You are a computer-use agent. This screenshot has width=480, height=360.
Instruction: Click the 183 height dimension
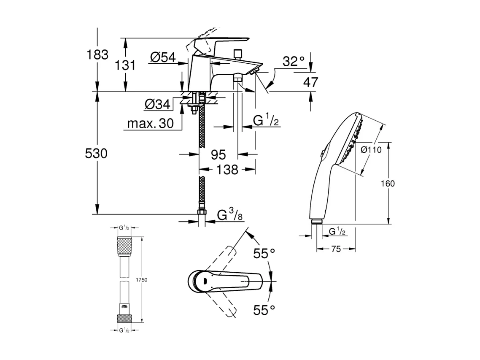click(97, 54)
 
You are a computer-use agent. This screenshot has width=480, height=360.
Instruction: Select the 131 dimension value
click(126, 65)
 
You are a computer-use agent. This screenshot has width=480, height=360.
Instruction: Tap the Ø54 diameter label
click(162, 58)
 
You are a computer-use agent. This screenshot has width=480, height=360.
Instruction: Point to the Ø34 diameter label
click(157, 104)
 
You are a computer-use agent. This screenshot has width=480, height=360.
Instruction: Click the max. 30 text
click(151, 124)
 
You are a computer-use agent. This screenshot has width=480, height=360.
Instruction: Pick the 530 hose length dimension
click(96, 154)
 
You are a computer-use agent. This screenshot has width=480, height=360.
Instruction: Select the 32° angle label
click(294, 62)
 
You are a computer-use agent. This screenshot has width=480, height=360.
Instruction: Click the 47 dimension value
click(311, 82)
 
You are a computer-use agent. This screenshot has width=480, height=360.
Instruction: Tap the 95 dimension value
click(218, 155)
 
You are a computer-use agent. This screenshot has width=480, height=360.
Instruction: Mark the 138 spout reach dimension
click(227, 170)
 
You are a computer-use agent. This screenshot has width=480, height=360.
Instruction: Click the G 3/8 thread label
click(230, 216)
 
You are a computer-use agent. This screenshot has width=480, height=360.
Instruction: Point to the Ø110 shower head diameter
click(371, 149)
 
